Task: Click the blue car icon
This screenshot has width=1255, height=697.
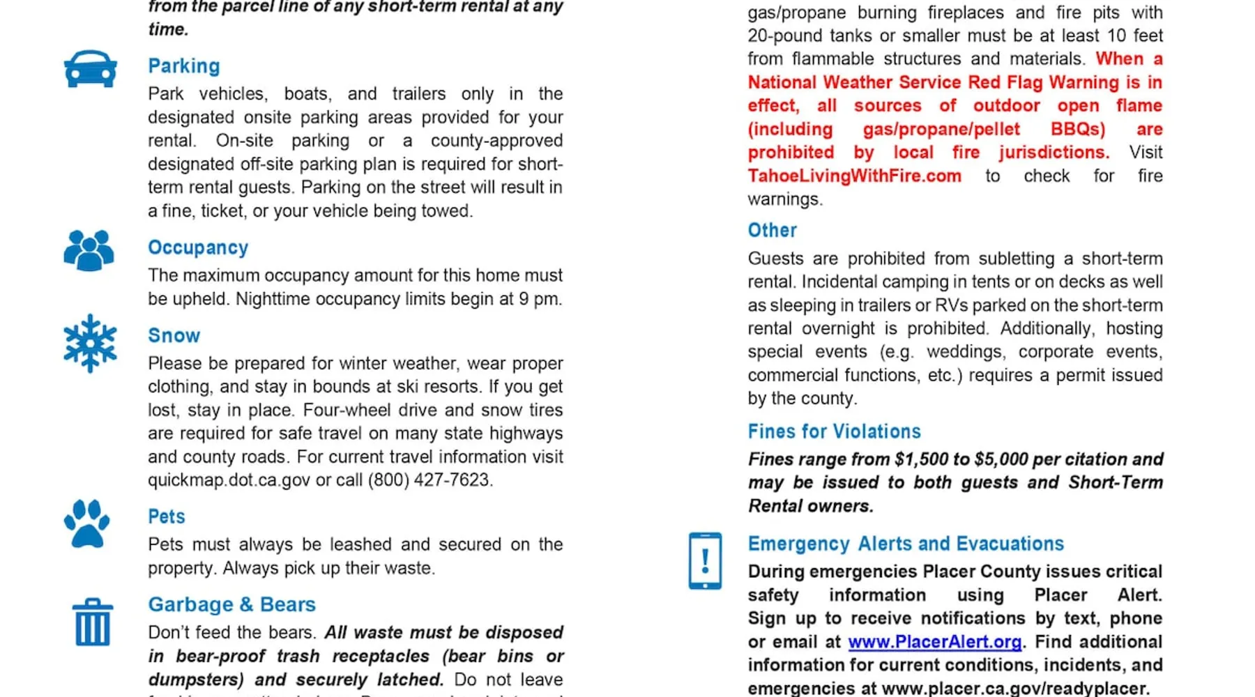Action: click(90, 69)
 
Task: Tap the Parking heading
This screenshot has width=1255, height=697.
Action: click(184, 66)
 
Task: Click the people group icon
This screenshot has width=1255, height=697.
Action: click(89, 250)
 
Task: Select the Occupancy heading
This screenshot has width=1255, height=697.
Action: click(198, 248)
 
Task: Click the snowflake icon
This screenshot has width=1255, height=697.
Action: click(90, 344)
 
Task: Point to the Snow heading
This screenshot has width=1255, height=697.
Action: click(174, 336)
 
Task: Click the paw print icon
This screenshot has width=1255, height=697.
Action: click(87, 524)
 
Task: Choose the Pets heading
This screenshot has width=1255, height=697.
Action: click(167, 517)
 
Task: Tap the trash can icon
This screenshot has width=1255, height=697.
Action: click(92, 622)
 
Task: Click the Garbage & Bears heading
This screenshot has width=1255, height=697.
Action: click(231, 605)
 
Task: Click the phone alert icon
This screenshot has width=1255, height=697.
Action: click(705, 561)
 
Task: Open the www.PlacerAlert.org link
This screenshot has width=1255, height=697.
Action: click(934, 642)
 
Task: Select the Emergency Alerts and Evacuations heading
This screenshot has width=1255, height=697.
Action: click(906, 544)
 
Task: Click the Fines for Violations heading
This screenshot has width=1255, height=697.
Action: click(834, 432)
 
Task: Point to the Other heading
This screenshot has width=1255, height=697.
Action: click(772, 231)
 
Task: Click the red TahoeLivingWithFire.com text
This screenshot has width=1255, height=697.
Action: click(854, 176)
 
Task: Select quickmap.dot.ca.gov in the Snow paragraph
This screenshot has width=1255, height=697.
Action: click(229, 480)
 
